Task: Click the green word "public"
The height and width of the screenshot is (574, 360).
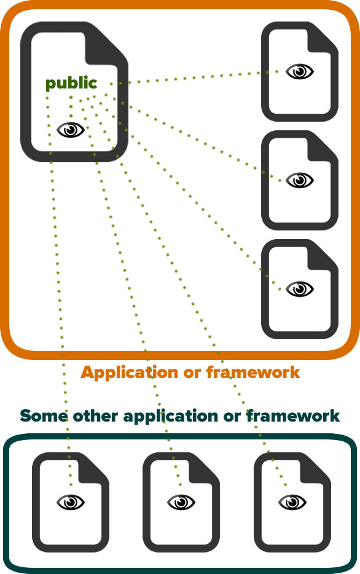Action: tap(71, 84)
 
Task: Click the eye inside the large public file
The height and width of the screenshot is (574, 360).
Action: tap(71, 130)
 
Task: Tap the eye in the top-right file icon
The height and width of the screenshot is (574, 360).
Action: tap(300, 71)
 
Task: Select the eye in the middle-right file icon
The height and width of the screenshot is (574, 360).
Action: tap(300, 181)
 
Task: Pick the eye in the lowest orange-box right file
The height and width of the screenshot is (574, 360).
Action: tap(300, 289)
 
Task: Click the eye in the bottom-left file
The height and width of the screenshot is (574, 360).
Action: tap(71, 502)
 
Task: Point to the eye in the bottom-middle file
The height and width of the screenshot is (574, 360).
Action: tap(181, 502)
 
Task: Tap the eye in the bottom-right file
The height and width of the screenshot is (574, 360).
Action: tap(292, 502)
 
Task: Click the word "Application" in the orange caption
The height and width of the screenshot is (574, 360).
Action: tap(130, 373)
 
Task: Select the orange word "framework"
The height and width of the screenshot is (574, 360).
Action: tap(253, 372)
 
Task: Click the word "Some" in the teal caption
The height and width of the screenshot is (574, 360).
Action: tap(44, 416)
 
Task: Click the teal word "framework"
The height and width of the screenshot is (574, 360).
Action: tap(293, 416)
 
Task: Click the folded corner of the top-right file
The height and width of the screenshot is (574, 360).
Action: tap(321, 39)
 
